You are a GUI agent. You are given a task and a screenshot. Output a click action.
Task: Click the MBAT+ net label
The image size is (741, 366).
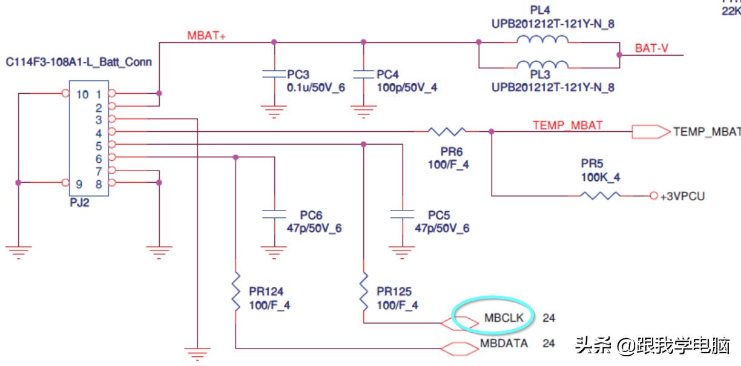[x=206, y=35]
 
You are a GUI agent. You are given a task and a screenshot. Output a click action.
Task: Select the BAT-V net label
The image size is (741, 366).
[x=651, y=48]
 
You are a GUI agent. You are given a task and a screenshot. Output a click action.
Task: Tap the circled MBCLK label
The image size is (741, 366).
[x=499, y=317]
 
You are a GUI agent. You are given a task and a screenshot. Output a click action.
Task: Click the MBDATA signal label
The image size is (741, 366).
[x=504, y=344]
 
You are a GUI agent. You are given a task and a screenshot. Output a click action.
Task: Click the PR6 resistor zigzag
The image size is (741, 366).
[x=447, y=131]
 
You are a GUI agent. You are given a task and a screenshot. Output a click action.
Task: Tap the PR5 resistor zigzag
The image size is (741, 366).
[x=600, y=195]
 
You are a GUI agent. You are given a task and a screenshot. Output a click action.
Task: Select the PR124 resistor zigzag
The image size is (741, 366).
[x=236, y=293]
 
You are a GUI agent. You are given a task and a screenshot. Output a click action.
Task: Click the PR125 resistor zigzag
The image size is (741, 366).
[x=363, y=293]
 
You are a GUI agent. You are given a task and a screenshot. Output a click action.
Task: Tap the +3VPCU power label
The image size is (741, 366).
[x=682, y=197]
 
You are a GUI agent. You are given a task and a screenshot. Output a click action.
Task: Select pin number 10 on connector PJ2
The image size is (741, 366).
[x=82, y=94]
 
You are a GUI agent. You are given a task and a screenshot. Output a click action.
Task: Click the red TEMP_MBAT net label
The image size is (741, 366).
[x=568, y=126]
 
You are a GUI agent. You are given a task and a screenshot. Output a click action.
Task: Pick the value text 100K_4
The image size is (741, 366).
[x=601, y=177]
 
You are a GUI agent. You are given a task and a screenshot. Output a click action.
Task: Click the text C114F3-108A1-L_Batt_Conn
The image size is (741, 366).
[x=79, y=62]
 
